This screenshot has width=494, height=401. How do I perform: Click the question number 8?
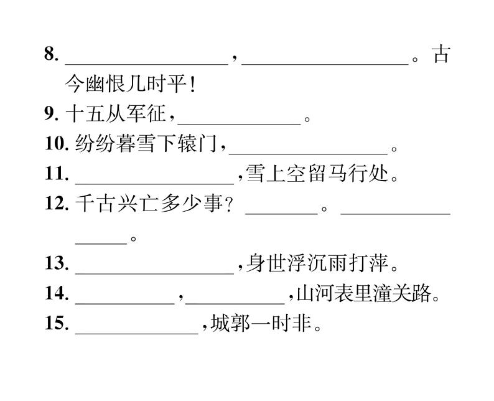point(51,55)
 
